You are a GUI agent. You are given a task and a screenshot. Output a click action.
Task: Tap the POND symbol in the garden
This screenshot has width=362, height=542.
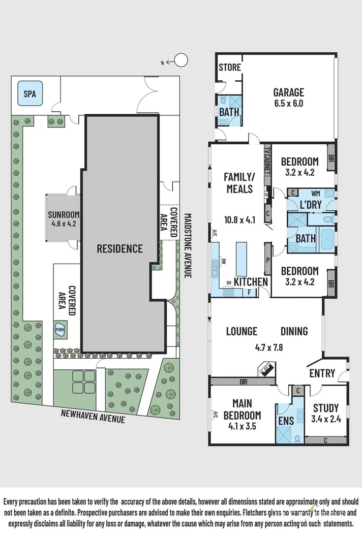coord(60,329)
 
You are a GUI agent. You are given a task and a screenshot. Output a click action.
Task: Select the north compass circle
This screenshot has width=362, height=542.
coord(180,61)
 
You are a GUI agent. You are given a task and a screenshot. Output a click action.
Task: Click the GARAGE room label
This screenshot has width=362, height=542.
coord(288,92)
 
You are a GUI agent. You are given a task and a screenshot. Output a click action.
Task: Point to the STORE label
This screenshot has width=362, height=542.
coord(230,67)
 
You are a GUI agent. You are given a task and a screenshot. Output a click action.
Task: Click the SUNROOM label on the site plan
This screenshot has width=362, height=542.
coord(64,214)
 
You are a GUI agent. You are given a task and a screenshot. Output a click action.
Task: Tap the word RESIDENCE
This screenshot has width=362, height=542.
coord(120,248)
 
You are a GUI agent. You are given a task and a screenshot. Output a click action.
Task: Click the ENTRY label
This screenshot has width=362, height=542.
coord(322,374)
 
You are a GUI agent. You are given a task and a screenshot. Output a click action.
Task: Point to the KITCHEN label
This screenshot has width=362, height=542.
coord(251,282)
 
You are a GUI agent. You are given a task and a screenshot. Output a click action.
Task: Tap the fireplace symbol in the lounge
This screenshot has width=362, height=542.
coord(267,369)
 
